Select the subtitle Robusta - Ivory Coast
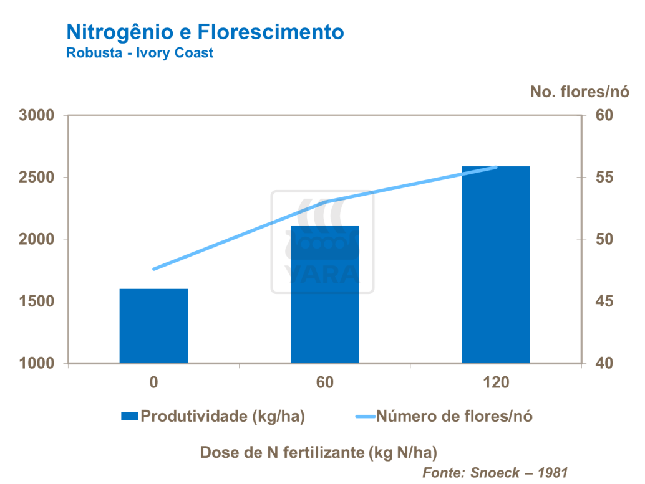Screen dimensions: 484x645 coord(140,53)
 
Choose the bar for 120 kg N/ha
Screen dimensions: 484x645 coord(496,265)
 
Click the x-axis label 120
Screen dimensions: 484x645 coord(496,382)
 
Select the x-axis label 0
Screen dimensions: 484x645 coord(153,382)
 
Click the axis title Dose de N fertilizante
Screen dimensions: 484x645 coord(318,452)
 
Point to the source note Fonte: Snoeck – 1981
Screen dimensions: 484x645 coord(496,472)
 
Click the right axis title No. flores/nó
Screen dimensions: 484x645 coord(580,92)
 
